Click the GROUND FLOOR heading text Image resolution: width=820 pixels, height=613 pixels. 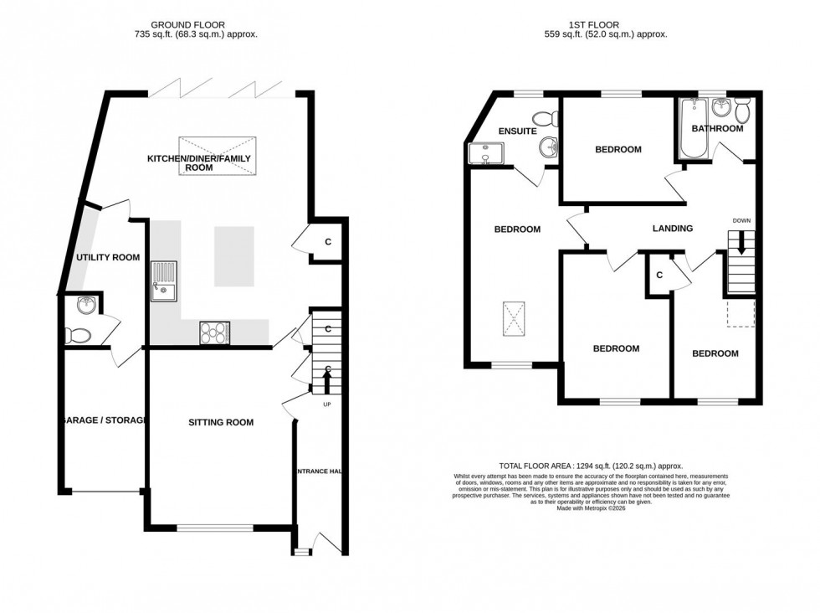pyautogui.click(x=196, y=25)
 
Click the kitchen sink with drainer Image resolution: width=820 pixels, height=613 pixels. pyautogui.click(x=164, y=281)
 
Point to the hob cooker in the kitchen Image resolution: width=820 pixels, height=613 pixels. pyautogui.click(x=215, y=332)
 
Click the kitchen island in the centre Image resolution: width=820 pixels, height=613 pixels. pyautogui.click(x=233, y=256)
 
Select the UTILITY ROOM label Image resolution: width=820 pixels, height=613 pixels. pyautogui.click(x=107, y=257)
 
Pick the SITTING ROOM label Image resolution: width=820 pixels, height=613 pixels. pyautogui.click(x=220, y=422)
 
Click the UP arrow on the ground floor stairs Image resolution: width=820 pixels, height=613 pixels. pyautogui.click(x=326, y=384)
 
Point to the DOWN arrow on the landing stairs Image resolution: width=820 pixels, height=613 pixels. pyautogui.click(x=741, y=244)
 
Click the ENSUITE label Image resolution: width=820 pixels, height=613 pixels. pyautogui.click(x=517, y=131)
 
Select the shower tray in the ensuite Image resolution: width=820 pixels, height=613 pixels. pyautogui.click(x=484, y=153)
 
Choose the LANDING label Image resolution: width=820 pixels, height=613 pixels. pyautogui.click(x=673, y=228)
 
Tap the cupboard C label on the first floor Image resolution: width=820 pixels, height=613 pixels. pyautogui.click(x=659, y=274)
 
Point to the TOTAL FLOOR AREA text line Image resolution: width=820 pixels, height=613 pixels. pyautogui.click(x=591, y=466)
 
